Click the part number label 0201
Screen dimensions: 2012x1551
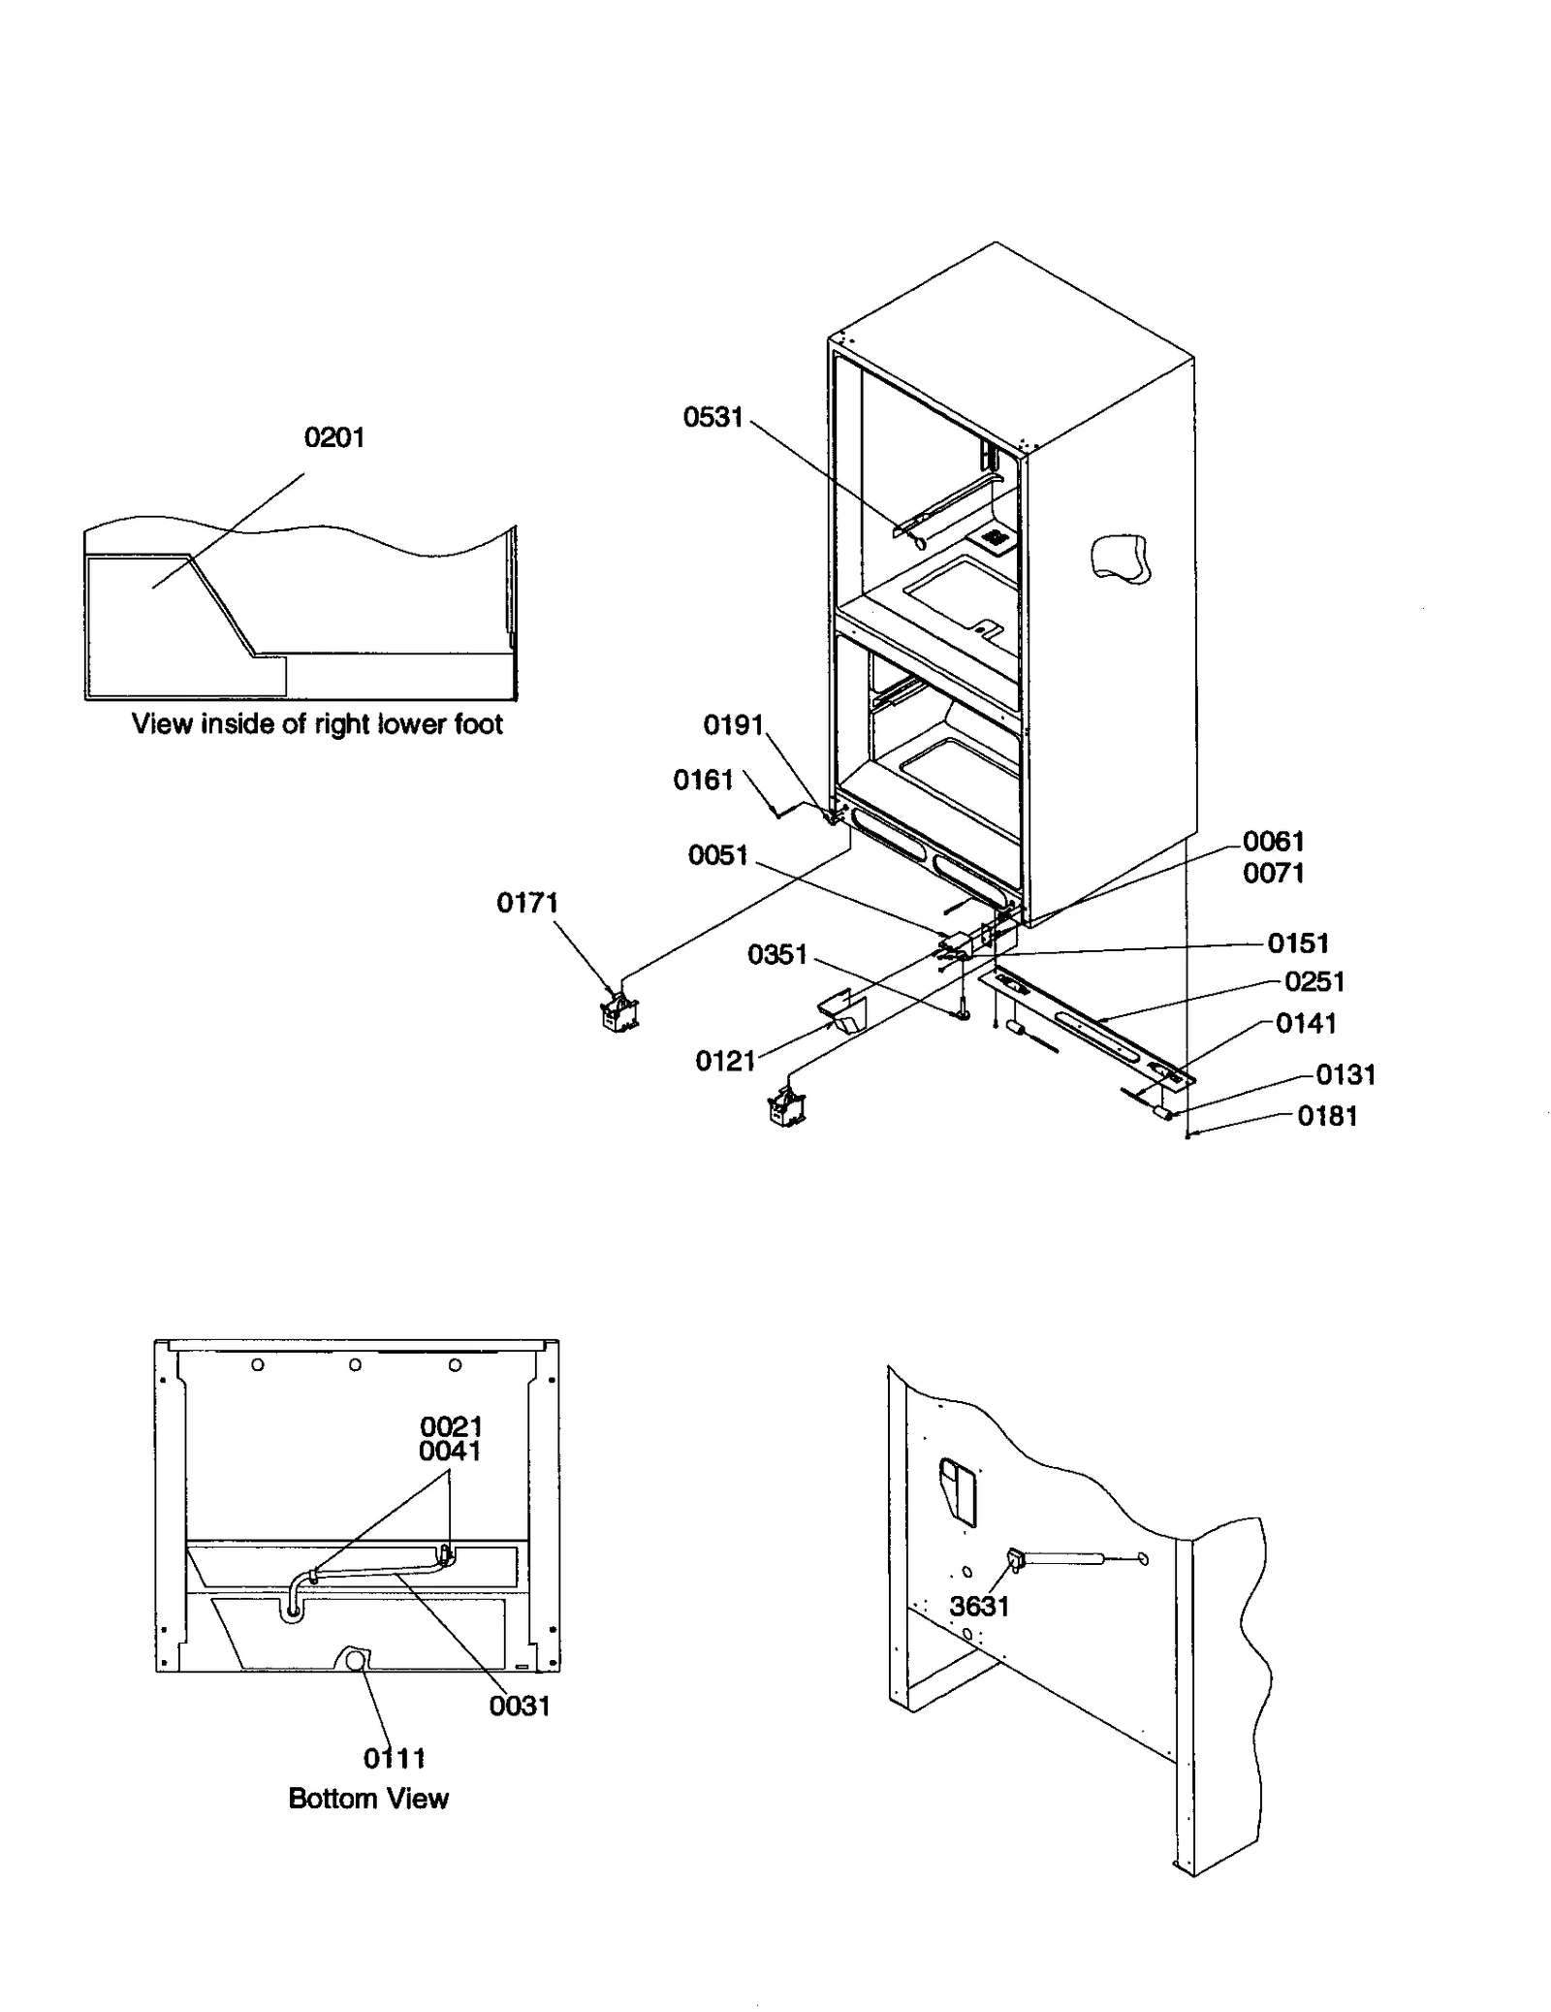(334, 437)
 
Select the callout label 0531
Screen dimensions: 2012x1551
(712, 417)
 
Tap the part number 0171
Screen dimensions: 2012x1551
(527, 903)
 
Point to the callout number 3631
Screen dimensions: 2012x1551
(979, 1607)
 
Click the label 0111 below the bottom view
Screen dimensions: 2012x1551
(395, 1758)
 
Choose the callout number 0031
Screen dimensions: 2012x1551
(520, 1706)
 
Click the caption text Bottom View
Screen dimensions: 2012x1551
(368, 1799)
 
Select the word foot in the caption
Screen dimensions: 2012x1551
(477, 724)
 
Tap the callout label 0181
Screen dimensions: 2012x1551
(1327, 1116)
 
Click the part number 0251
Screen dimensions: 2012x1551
(1314, 981)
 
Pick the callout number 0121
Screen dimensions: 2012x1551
(724, 1061)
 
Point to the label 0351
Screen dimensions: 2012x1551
(777, 954)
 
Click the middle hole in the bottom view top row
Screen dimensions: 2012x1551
(356, 1364)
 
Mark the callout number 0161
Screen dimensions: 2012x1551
(703, 780)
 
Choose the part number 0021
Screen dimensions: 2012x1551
(451, 1426)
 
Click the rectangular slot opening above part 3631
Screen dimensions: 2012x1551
(958, 1493)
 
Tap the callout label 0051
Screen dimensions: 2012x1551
(717, 855)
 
